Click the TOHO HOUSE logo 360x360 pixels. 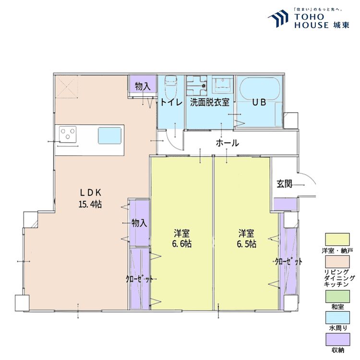click(x=309, y=19)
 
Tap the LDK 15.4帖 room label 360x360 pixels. click(x=90, y=198)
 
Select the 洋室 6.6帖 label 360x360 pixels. click(x=181, y=238)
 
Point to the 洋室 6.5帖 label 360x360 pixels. click(x=246, y=238)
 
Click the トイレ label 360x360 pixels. click(x=171, y=102)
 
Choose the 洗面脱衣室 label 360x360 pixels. click(x=210, y=102)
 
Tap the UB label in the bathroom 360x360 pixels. click(x=259, y=102)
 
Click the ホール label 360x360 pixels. click(x=228, y=143)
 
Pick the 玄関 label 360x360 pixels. click(x=284, y=184)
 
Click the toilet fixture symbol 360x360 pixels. click(x=171, y=86)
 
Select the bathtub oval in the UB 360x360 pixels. click(x=260, y=89)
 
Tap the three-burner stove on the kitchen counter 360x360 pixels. click(x=68, y=134)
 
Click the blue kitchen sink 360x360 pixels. click(x=110, y=135)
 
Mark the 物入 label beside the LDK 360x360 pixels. click(x=139, y=223)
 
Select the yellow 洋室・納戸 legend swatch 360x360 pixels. click(x=337, y=240)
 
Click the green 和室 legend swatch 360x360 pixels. click(x=337, y=296)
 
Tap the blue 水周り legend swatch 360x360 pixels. click(x=337, y=318)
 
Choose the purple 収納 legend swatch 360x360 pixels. click(x=337, y=339)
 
